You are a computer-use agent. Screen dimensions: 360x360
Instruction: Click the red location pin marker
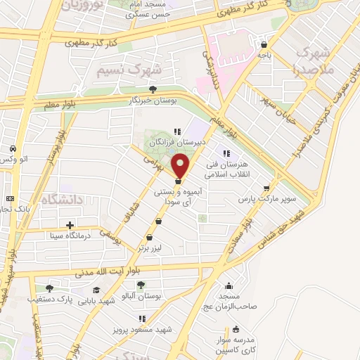coord(181,166)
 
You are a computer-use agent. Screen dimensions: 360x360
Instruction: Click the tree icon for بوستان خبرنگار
coord(153,89)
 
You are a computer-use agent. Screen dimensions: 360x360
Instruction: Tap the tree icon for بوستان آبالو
coord(141,285)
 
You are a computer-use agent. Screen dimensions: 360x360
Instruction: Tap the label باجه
coord(264,54)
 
